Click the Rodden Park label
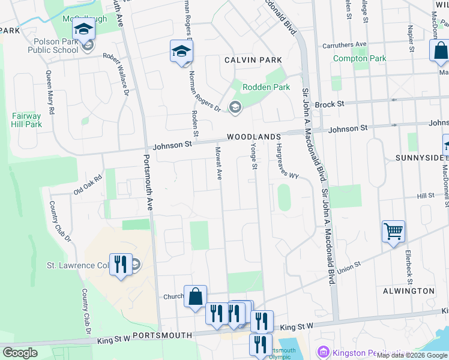(266, 87)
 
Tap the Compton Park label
(360, 58)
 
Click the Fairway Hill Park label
(26, 120)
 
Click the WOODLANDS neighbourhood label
(253, 137)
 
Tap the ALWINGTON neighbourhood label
(408, 290)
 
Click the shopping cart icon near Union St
(393, 230)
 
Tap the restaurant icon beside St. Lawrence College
(121, 264)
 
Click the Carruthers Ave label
(344, 44)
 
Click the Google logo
(20, 353)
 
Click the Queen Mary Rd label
(50, 94)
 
